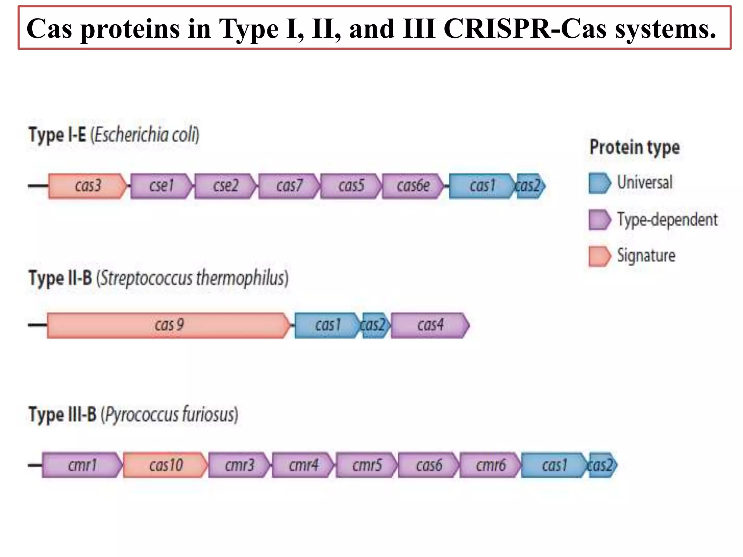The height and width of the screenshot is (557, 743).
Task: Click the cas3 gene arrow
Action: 88,186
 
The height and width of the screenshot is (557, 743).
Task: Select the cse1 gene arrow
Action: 161,186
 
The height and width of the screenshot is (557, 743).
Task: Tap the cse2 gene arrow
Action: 225,186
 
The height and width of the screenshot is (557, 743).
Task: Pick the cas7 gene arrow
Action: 289,186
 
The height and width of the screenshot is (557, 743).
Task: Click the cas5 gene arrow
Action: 351,186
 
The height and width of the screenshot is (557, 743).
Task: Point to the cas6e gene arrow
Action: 413,186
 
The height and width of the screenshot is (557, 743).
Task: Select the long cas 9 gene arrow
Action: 169,325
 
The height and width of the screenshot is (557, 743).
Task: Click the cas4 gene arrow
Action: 430,325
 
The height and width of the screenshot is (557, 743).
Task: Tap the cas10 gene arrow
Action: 166,465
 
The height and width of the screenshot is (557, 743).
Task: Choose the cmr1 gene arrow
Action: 82,465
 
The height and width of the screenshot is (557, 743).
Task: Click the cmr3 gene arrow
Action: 239,465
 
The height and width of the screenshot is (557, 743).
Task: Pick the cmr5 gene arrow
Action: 367,465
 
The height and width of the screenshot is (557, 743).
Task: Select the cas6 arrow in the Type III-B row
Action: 429,465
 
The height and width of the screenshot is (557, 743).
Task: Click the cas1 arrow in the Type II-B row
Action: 327,325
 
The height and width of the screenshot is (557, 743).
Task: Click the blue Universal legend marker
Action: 599,183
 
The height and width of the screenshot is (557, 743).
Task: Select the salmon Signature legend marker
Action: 599,256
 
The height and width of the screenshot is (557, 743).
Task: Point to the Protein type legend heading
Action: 635,148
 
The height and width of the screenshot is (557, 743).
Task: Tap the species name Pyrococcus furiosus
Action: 169,414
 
